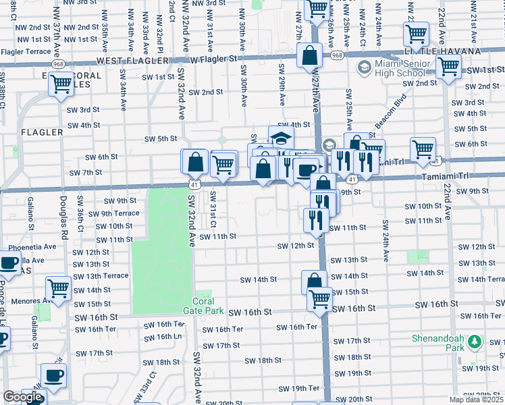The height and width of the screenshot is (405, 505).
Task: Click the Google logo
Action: (x=22, y=397)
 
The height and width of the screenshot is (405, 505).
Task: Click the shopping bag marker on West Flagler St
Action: (x=310, y=57)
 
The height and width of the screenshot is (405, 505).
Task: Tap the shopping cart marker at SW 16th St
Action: (x=319, y=299)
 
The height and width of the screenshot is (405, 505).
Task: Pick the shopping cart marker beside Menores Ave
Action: (x=59, y=288)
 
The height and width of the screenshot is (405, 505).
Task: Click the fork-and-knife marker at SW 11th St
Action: (x=315, y=219)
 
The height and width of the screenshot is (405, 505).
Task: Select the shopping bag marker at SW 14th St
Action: (x=314, y=282)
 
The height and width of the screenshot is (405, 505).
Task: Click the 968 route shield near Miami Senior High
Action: (x=338, y=55)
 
